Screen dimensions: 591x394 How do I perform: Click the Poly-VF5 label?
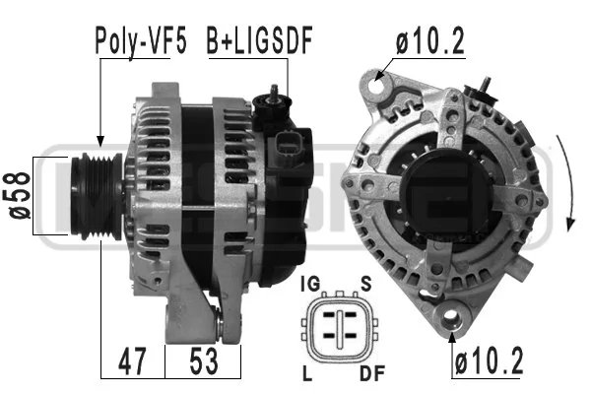click(x=141, y=40)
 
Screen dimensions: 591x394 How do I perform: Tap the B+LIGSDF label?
click(x=260, y=40)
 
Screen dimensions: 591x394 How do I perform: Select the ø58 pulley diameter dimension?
click(x=20, y=195)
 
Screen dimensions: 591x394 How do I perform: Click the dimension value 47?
click(x=132, y=361)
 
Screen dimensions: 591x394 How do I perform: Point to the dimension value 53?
click(x=204, y=361)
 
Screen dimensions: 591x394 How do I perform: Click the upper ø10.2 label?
click(x=430, y=40)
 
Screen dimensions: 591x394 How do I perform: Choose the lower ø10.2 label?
click(x=489, y=361)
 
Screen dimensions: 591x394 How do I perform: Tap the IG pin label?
click(x=310, y=284)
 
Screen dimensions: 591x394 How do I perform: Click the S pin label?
click(x=366, y=284)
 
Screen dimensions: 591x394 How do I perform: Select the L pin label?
click(x=307, y=373)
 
